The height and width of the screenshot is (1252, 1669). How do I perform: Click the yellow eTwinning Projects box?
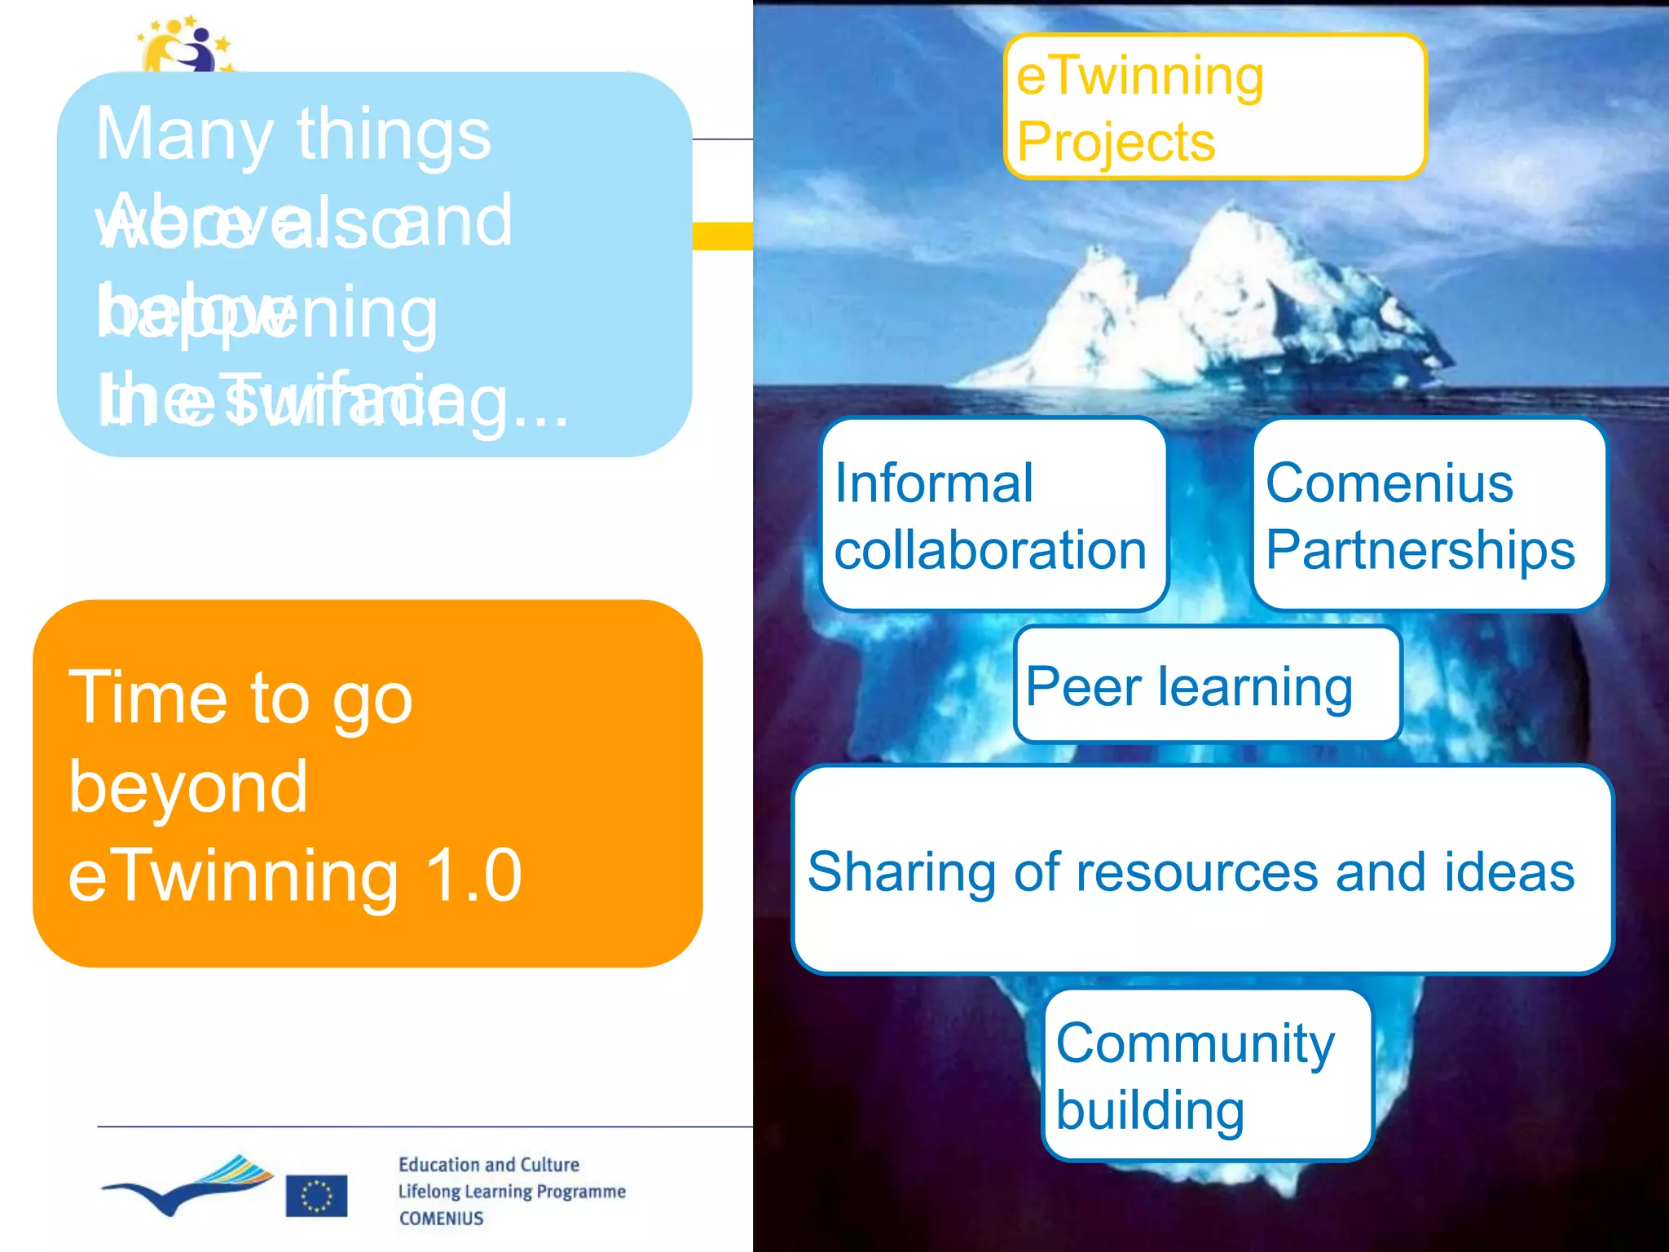(1214, 106)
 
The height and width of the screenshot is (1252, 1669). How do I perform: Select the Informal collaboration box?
(993, 514)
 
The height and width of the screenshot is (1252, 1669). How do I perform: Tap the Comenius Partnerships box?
(1429, 514)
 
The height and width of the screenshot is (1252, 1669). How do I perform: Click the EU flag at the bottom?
(316, 1196)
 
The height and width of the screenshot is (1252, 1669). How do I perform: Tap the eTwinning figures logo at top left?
(186, 45)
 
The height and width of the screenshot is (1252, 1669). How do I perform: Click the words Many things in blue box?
(293, 134)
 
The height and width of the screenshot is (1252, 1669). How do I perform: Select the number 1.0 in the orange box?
(473, 875)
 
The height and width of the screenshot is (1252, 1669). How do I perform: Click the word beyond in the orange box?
(187, 787)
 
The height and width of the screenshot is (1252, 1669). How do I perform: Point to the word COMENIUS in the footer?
(441, 1218)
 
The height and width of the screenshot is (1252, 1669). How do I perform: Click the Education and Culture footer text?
(488, 1164)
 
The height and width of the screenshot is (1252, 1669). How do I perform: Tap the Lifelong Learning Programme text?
(511, 1191)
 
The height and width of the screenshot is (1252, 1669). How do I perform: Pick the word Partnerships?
(1420, 549)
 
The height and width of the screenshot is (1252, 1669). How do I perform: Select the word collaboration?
(990, 549)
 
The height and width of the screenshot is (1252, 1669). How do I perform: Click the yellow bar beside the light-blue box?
(722, 236)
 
